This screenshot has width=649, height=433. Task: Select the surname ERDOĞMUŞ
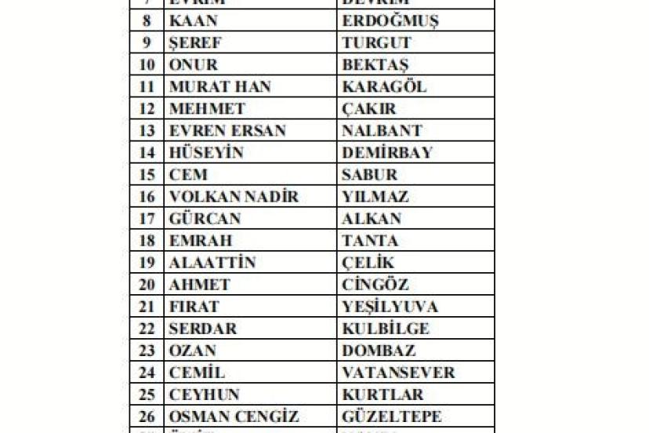point(390,21)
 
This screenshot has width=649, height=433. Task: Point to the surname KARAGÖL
point(384,87)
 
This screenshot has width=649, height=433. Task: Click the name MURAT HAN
point(220,87)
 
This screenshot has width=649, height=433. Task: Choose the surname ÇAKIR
point(369,109)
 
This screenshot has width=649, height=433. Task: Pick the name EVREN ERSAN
point(227,131)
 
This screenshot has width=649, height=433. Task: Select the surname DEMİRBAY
point(387,153)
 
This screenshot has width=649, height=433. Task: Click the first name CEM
point(189,175)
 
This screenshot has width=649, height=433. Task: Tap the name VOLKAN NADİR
point(234,197)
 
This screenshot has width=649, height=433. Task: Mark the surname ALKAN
point(372,219)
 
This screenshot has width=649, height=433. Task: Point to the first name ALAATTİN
point(212,263)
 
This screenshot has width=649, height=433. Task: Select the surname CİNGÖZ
point(375,285)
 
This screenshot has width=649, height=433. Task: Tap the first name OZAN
point(193,351)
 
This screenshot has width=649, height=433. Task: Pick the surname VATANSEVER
point(398,373)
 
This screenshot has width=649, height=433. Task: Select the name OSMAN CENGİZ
point(234,417)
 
